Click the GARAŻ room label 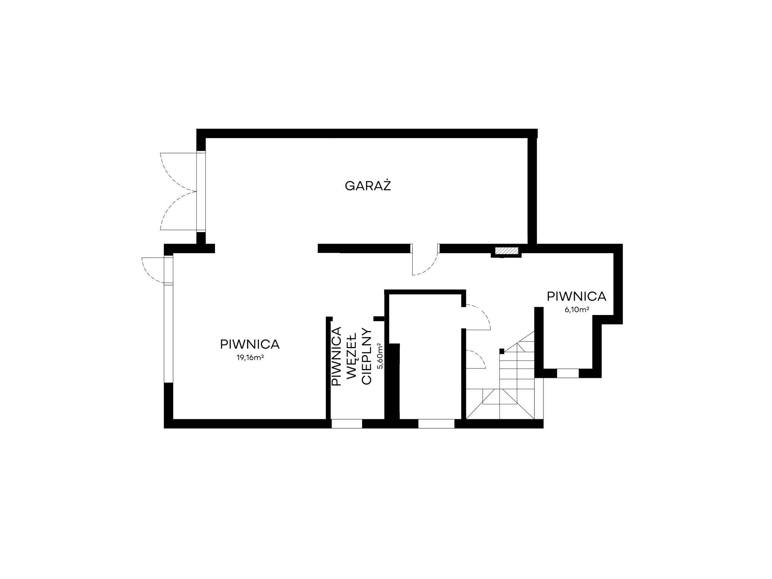[368, 186]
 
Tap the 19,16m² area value [250, 357]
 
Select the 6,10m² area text [577, 310]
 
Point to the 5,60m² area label [380, 356]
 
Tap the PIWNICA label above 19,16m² [250, 344]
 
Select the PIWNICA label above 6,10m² [577, 296]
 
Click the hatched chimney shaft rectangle [506, 251]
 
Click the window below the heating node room [347, 423]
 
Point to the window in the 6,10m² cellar [568, 373]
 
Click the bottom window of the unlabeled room [436, 423]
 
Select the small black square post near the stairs [502, 351]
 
